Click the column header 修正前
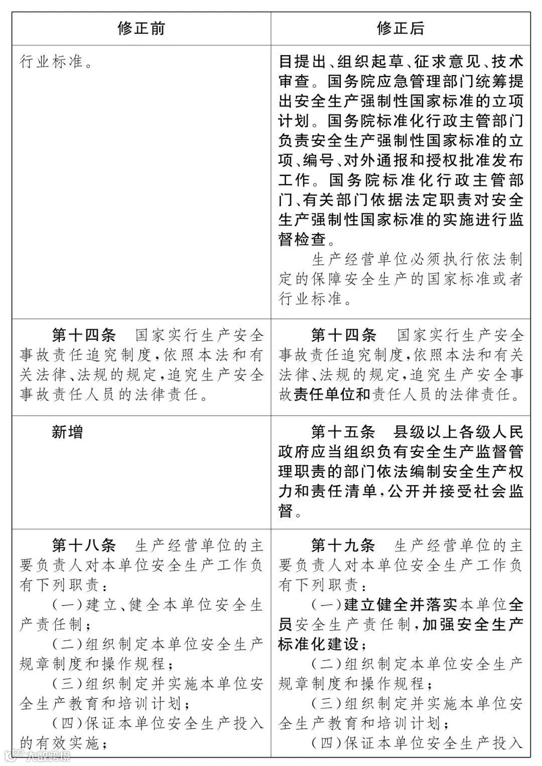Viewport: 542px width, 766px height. (x=141, y=28)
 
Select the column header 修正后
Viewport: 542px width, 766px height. (x=400, y=28)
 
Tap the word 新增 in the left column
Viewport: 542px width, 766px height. (x=67, y=432)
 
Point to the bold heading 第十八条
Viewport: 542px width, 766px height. (x=84, y=545)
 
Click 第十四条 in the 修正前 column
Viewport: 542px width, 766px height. (x=84, y=335)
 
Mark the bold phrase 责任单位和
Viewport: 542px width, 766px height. (x=332, y=395)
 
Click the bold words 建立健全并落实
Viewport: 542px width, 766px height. (x=400, y=605)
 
